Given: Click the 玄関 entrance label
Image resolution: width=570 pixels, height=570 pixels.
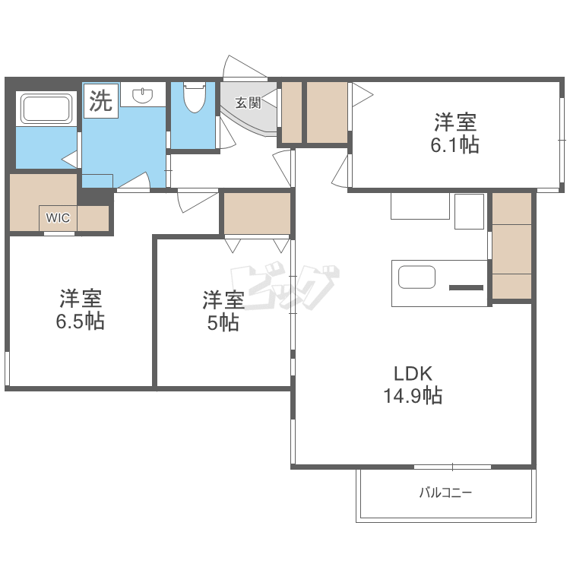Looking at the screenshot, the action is [x=248, y=103].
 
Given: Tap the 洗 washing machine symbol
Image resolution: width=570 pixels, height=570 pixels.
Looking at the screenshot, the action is [x=100, y=100].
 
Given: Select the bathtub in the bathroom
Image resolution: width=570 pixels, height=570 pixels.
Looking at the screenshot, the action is [x=46, y=109].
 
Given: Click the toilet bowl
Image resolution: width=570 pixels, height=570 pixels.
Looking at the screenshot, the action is [x=195, y=97].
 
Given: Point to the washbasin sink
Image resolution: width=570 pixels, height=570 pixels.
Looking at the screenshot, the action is [x=143, y=95].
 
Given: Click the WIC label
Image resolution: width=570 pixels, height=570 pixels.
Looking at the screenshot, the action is [x=58, y=218].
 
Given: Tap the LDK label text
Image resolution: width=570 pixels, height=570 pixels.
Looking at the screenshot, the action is [x=413, y=373].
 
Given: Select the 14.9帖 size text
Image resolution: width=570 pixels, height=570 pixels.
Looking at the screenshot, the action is [x=413, y=395].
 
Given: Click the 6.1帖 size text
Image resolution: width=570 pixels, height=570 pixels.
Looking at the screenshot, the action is [x=454, y=144].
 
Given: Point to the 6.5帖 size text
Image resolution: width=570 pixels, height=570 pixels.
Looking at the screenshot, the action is [x=81, y=321].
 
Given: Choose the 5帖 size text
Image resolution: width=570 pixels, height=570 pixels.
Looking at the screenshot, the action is [x=223, y=322].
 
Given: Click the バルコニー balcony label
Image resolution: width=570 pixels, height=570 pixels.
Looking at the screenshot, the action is [x=445, y=493].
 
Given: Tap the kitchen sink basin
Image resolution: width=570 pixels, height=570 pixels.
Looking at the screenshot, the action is [x=416, y=277].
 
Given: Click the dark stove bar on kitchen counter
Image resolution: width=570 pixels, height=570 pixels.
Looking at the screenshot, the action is [x=467, y=288].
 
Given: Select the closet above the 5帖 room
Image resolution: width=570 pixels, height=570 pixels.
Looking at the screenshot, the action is [x=257, y=214].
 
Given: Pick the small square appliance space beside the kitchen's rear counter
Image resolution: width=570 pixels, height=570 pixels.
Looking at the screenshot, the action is [x=470, y=211].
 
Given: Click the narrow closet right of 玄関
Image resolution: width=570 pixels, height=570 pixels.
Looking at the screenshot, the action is [x=292, y=112].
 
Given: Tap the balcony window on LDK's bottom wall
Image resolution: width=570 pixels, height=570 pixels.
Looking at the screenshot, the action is [x=453, y=467].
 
